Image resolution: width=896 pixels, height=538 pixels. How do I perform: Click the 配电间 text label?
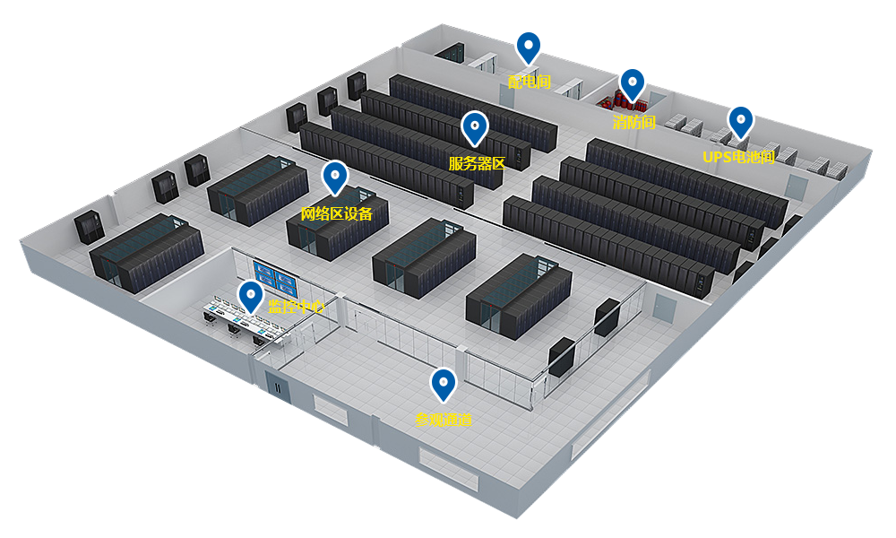click(529, 82)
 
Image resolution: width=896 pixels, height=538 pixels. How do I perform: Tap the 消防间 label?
click(634, 122)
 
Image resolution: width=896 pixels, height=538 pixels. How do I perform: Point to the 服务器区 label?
click(478, 164)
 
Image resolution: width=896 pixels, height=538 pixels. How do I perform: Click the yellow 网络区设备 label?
click(343, 213)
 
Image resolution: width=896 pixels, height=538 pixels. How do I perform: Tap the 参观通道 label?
click(444, 419)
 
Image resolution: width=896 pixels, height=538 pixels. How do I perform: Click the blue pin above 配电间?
click(529, 47)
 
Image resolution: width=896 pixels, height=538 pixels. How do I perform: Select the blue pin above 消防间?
click(633, 84)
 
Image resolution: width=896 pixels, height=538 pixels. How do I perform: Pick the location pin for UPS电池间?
click(740, 121)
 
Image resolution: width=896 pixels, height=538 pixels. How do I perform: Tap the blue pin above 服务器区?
click(474, 127)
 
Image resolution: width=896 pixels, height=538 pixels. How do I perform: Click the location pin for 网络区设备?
click(335, 177)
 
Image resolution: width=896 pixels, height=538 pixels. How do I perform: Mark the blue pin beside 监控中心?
click(250, 296)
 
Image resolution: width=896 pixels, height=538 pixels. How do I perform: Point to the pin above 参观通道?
click(443, 384)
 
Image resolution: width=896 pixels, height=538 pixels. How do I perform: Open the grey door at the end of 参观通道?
click(663, 309)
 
